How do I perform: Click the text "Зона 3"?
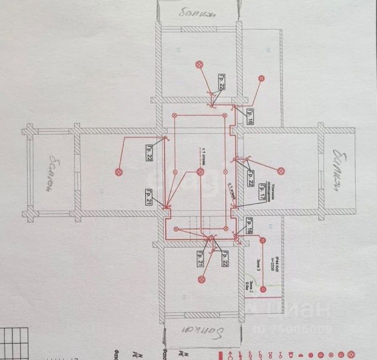tap(257, 262)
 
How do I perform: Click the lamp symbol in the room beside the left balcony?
tap(118, 172)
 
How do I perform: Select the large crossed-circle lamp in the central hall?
tap(200, 172)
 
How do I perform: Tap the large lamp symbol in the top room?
tap(198, 64)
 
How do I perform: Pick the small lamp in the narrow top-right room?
tap(261, 78)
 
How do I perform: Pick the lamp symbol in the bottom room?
tap(200, 279)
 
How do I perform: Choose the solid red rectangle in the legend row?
tap(229, 354)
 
